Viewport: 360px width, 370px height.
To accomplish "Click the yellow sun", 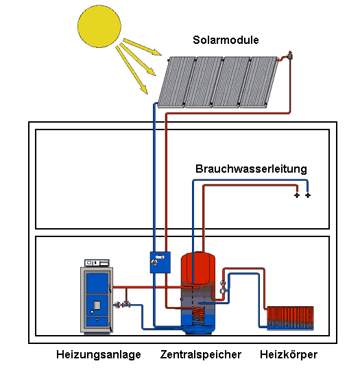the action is [99, 26].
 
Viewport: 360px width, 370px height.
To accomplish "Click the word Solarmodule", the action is [226, 40].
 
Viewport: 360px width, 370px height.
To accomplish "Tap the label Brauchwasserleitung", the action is [251, 169].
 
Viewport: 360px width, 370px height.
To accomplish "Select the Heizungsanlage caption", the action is [99, 355].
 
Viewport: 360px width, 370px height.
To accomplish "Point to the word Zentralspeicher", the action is [201, 354].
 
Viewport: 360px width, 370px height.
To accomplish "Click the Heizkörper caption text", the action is [289, 354].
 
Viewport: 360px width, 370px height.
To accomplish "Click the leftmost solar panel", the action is [176, 82].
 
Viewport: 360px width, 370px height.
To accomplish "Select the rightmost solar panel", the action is [259, 82].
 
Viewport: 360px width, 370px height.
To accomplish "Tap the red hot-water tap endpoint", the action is [297, 195].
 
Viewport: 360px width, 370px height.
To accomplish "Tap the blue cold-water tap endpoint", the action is [308, 195].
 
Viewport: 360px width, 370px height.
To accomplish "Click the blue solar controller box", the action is [160, 262].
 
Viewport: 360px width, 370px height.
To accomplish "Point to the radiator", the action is [290, 319].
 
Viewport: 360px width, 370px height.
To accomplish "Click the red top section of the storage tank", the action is [198, 268].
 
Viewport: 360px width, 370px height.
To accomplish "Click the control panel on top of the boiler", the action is [97, 263].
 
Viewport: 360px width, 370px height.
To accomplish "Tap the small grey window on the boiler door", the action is [97, 306].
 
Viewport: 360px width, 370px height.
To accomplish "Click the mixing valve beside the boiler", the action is [126, 304].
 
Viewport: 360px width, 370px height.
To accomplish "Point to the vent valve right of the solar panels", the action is [289, 56].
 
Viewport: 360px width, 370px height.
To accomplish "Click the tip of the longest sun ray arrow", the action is [147, 94].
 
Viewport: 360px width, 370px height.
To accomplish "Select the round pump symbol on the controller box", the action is [154, 262].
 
